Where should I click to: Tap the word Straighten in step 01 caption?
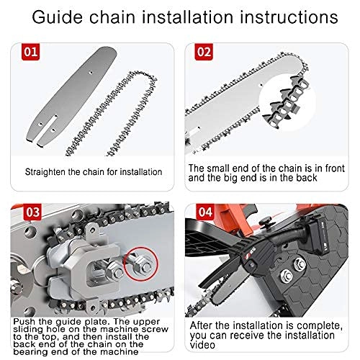point(50,171)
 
